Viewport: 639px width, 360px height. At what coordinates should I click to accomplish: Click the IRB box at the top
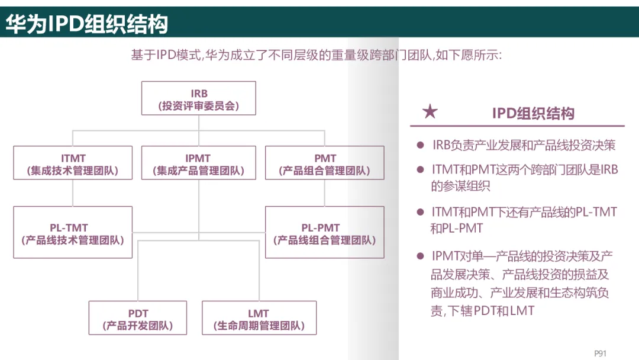[199, 98]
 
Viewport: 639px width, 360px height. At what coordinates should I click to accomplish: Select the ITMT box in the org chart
[73, 163]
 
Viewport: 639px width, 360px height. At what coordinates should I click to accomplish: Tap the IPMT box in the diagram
[198, 163]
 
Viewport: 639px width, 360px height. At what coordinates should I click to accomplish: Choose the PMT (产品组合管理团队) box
[325, 163]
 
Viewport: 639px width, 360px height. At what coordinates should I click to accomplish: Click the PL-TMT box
[73, 232]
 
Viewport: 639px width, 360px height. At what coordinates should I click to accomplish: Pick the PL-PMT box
[325, 232]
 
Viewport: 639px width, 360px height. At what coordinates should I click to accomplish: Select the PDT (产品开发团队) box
[138, 318]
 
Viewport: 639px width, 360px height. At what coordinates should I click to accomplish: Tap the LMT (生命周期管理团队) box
[259, 318]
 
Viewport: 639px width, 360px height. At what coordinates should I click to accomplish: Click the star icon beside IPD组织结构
[430, 112]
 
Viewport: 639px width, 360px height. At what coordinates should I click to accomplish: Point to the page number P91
[600, 353]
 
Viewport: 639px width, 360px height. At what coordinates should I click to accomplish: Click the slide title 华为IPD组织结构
[87, 24]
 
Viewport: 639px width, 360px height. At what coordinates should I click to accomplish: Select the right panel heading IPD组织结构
[532, 113]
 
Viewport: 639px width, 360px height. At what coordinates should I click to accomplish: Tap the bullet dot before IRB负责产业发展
[421, 145]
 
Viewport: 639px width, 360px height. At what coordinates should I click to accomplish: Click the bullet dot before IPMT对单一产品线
[421, 256]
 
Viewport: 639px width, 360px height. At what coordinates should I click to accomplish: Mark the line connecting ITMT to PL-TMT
[73, 193]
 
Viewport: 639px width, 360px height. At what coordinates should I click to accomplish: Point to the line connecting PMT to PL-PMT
[325, 193]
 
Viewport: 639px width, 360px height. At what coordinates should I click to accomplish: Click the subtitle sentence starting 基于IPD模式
[317, 56]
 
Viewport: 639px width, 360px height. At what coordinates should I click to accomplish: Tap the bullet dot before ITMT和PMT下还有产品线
[421, 212]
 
